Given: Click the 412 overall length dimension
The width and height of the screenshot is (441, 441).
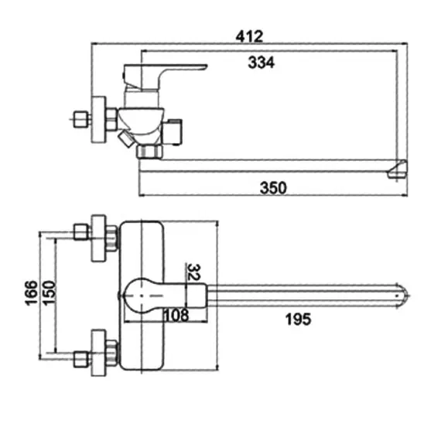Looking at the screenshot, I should pos(250,36).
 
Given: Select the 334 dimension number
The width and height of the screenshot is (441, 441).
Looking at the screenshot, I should pos(262,63).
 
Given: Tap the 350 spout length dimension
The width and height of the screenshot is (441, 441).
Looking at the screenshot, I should pos(273,187).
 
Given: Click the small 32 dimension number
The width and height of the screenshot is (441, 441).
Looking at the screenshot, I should pos(194,272).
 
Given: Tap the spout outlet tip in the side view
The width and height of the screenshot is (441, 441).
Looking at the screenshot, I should pos(397,169).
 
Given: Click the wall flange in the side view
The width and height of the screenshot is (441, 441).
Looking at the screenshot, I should pos(98,120).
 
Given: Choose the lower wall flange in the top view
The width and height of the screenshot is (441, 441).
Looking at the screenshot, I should pos(98,352).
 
